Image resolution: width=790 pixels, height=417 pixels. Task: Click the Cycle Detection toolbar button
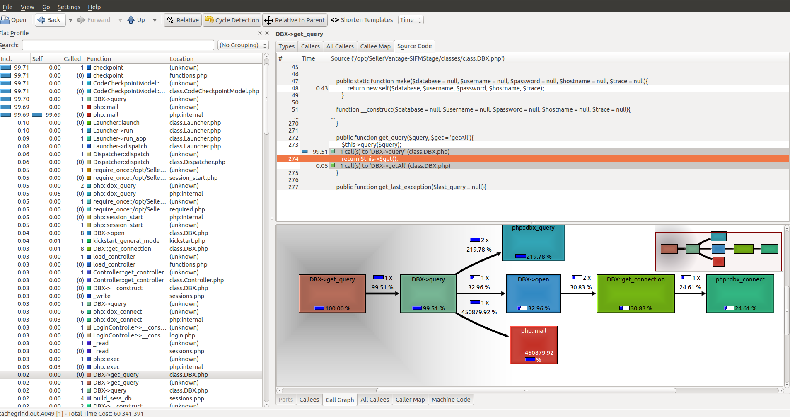click(232, 20)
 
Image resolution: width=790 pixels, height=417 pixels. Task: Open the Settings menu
click(69, 7)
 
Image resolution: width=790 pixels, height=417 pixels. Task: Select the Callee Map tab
click(375, 46)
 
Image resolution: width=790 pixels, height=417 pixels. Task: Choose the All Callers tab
click(340, 46)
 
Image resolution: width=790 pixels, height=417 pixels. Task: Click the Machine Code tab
click(451, 400)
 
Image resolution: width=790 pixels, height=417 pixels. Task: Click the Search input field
click(118, 45)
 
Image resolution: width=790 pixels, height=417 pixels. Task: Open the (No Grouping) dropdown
click(243, 45)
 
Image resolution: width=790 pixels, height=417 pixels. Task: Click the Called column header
click(72, 59)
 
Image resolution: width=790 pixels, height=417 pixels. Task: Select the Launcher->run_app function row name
click(119, 138)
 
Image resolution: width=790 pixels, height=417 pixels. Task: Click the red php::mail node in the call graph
click(534, 345)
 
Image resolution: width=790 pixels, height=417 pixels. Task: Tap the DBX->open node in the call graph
click(533, 293)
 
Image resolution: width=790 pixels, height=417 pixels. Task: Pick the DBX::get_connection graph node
click(635, 293)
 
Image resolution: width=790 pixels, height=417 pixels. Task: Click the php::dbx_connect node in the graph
click(740, 293)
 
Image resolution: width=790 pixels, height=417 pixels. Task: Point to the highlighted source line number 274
click(293, 159)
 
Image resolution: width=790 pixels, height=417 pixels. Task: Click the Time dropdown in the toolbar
click(411, 20)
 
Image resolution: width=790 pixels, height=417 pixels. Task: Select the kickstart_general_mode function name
click(126, 241)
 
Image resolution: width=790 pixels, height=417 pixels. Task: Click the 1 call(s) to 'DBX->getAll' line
click(395, 166)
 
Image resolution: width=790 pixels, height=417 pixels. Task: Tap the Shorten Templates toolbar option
click(362, 20)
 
